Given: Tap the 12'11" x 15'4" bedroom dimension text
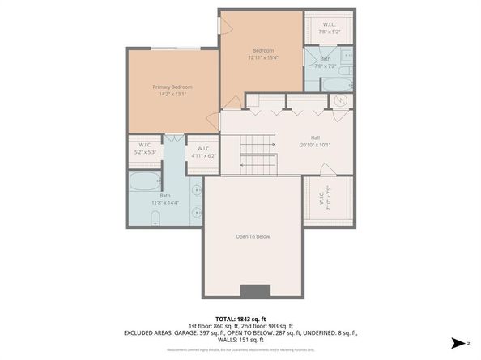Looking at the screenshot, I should tap(262, 57).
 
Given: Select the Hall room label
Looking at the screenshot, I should tap(316, 138).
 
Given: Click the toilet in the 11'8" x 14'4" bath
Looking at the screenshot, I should tap(154, 216).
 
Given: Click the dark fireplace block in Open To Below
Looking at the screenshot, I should tap(256, 291).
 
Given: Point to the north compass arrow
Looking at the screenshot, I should tap(459, 344).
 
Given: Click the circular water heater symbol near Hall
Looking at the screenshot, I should tap(342, 101).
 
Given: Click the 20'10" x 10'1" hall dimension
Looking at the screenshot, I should tap(316, 146).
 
